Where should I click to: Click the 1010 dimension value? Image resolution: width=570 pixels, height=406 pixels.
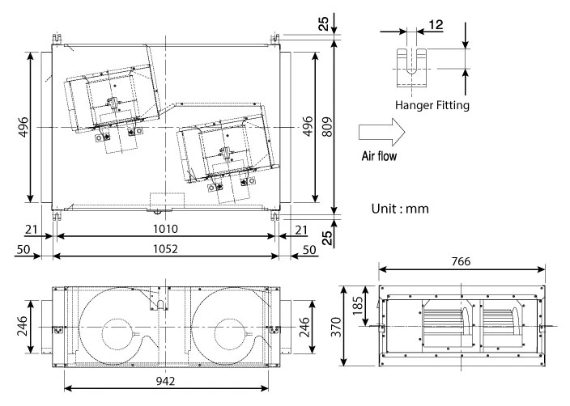point(165,230)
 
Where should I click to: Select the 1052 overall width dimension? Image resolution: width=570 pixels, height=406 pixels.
point(165,250)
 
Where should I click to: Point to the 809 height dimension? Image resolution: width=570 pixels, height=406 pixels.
point(327,128)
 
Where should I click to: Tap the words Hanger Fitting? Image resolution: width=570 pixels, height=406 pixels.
point(432,104)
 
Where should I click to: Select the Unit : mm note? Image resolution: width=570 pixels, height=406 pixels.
point(399,208)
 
